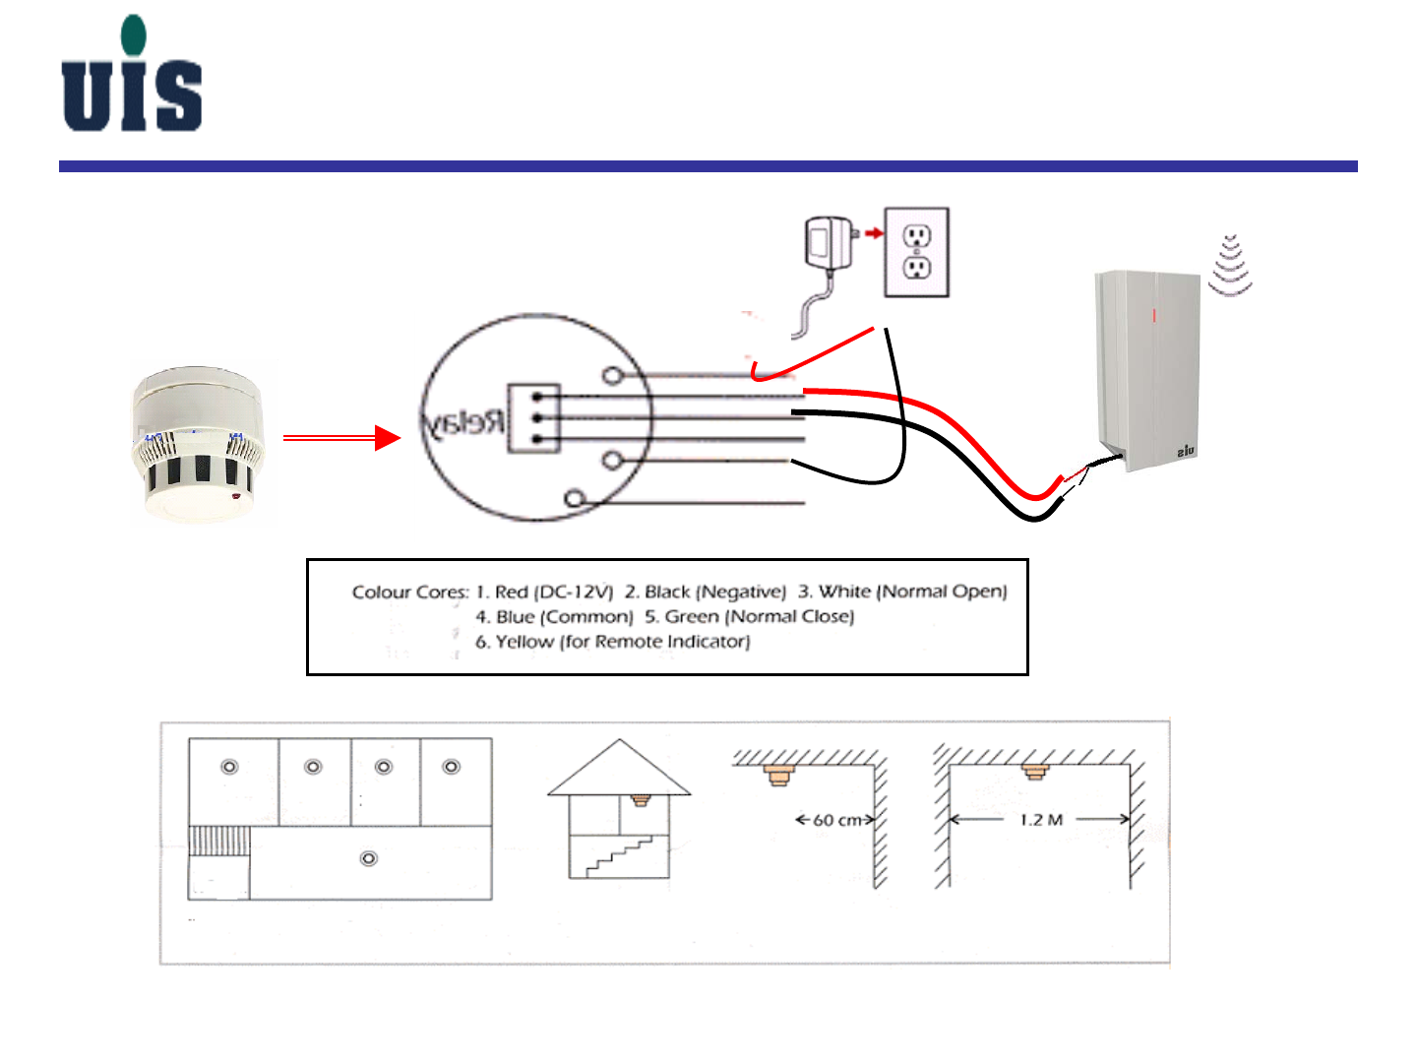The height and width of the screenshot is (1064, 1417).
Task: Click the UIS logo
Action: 132,75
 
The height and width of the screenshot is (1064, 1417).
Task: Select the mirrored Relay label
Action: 463,422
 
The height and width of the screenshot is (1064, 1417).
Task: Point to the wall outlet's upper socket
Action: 917,235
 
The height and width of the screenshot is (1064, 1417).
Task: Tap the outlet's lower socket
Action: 917,267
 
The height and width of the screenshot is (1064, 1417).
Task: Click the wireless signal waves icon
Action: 1230,266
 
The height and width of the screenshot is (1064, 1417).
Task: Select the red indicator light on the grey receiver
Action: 1154,317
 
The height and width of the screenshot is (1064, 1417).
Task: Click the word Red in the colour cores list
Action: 512,593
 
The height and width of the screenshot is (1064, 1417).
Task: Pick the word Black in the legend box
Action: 667,593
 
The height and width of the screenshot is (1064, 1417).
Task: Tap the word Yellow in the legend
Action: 524,642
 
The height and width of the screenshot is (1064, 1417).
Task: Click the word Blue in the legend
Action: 515,617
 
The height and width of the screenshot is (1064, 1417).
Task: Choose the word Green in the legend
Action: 692,617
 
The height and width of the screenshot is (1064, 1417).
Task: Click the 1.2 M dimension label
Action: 1041,820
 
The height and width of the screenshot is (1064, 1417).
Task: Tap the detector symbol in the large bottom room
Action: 369,859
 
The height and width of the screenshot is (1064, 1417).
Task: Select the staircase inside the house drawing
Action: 620,855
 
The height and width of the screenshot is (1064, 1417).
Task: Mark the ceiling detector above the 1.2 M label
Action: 1033,771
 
